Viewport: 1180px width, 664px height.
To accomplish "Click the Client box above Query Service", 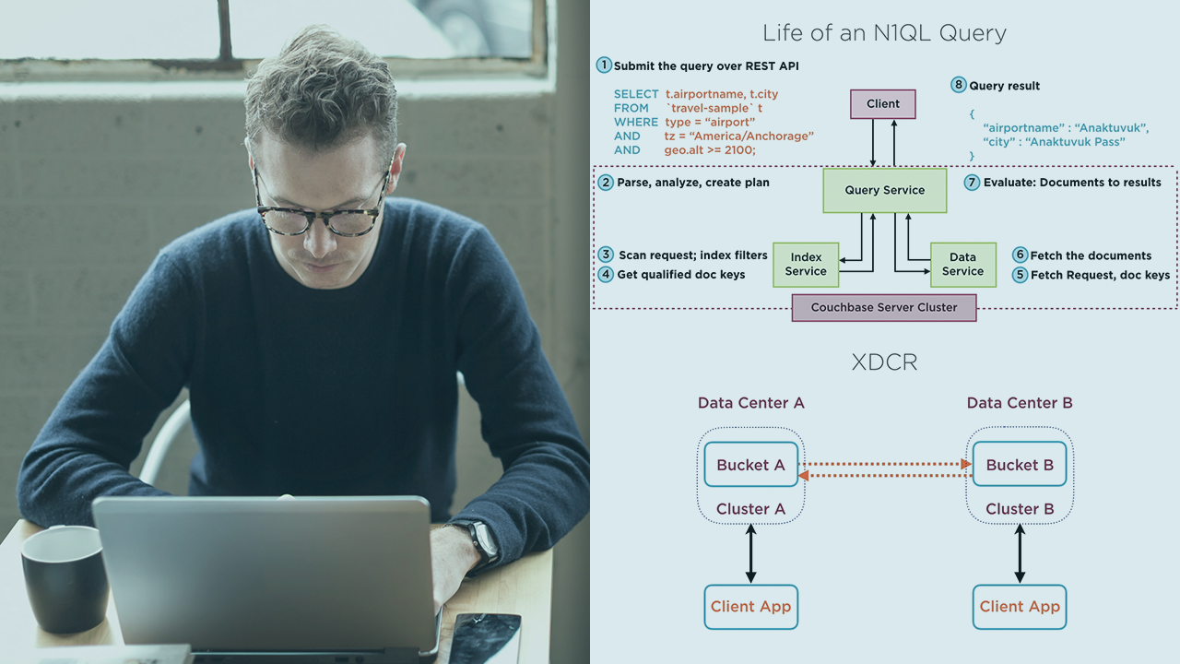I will [882, 103].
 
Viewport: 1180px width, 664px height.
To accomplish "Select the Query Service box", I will [884, 190].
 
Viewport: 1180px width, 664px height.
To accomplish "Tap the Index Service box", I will [805, 265].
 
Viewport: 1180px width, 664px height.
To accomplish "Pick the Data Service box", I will [962, 265].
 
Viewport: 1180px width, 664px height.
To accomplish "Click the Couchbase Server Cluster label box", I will [883, 307].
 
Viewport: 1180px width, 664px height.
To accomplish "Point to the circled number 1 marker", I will [604, 65].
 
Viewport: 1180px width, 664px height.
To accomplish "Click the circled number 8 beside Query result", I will [959, 85].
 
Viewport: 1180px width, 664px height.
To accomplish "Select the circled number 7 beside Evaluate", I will [972, 183].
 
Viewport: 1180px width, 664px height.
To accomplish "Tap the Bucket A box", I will [750, 465].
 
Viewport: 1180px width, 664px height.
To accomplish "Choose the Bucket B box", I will [1020, 465].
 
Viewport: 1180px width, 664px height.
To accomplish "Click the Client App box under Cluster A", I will [750, 607].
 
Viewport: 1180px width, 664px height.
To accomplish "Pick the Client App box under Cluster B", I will [1020, 607].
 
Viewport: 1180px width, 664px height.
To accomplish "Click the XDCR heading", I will [884, 362].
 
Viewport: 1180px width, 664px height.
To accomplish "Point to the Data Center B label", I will [1020, 403].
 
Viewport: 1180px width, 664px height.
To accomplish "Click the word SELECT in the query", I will [636, 94].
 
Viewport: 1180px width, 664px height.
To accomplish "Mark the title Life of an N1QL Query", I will [884, 34].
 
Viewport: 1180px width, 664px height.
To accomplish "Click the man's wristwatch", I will [482, 541].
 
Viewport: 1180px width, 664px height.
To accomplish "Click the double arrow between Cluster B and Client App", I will [1020, 553].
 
